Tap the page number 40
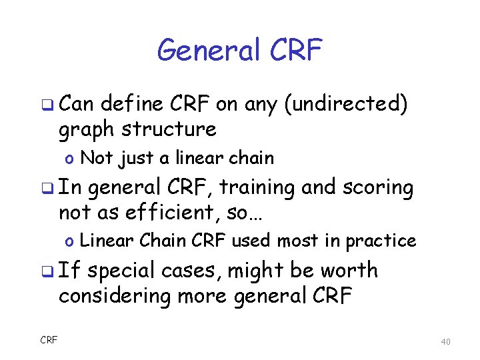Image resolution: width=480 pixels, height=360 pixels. (446, 342)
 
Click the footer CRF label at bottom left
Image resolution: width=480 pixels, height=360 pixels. (49, 340)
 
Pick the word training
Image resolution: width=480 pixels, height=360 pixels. (254, 188)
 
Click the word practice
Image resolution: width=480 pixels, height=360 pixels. (383, 241)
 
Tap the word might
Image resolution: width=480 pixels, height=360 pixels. (256, 271)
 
